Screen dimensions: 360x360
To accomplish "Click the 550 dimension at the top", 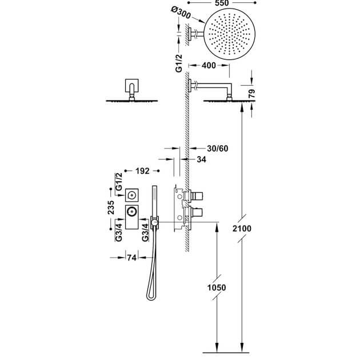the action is click(x=222, y=3).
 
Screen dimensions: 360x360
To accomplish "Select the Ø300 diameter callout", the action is click(x=181, y=13).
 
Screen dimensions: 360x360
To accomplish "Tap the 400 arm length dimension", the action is click(x=209, y=66).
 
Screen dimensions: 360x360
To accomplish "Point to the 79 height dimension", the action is click(x=252, y=94).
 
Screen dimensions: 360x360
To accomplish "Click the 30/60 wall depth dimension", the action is click(x=218, y=149).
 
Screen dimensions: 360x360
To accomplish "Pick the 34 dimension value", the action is click(x=201, y=159).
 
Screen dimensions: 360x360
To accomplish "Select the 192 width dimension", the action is click(x=142, y=171).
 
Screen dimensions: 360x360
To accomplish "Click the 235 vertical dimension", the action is click(x=111, y=207).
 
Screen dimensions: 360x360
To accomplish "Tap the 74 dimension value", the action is click(x=132, y=258).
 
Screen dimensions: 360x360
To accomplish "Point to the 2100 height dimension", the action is click(x=242, y=229).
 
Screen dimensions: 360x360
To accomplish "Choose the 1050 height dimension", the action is click(x=217, y=287).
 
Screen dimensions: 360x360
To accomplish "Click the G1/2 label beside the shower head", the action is click(x=179, y=63).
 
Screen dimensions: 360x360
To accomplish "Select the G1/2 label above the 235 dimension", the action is click(x=119, y=182).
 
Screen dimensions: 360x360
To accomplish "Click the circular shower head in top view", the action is click(x=229, y=34).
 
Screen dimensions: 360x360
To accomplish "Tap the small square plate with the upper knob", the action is click(x=132, y=195).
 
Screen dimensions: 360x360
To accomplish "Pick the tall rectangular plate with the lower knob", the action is click(x=132, y=217).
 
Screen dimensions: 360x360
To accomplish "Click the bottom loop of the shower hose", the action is click(x=151, y=298).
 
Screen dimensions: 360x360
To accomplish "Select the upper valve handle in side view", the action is click(x=197, y=196).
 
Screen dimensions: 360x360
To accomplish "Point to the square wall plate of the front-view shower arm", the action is click(x=132, y=86).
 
